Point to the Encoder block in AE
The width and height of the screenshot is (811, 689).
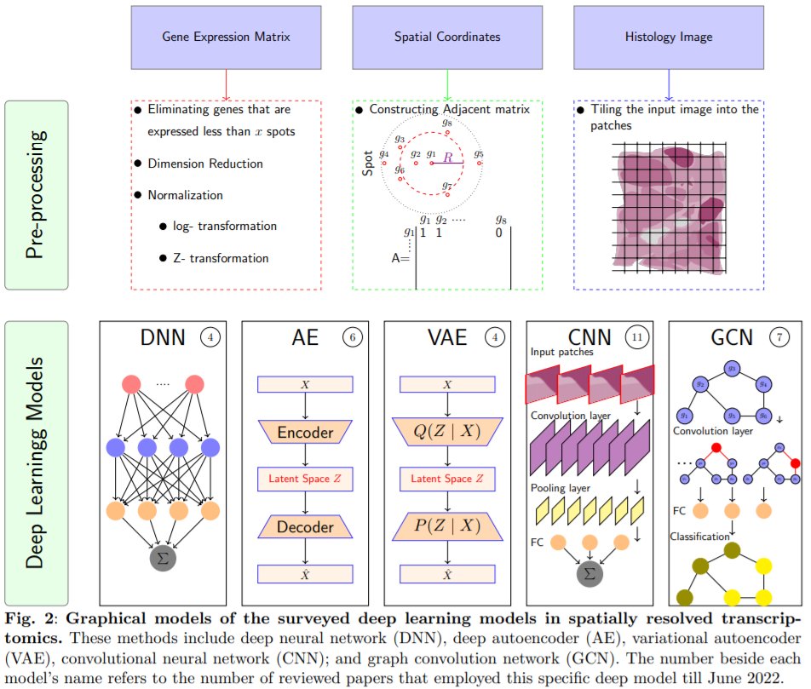pos(304,433)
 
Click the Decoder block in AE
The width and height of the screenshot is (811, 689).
pos(304,527)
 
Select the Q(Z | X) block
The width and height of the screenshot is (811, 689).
pos(446,433)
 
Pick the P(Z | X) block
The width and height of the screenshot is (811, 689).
pos(446,528)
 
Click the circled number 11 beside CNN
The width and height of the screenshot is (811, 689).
pos(636,337)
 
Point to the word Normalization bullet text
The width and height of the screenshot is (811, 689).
pos(185,195)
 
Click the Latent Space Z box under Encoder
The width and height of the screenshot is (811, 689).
pos(304,479)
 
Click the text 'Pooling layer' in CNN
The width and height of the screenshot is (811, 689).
pos(561,488)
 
